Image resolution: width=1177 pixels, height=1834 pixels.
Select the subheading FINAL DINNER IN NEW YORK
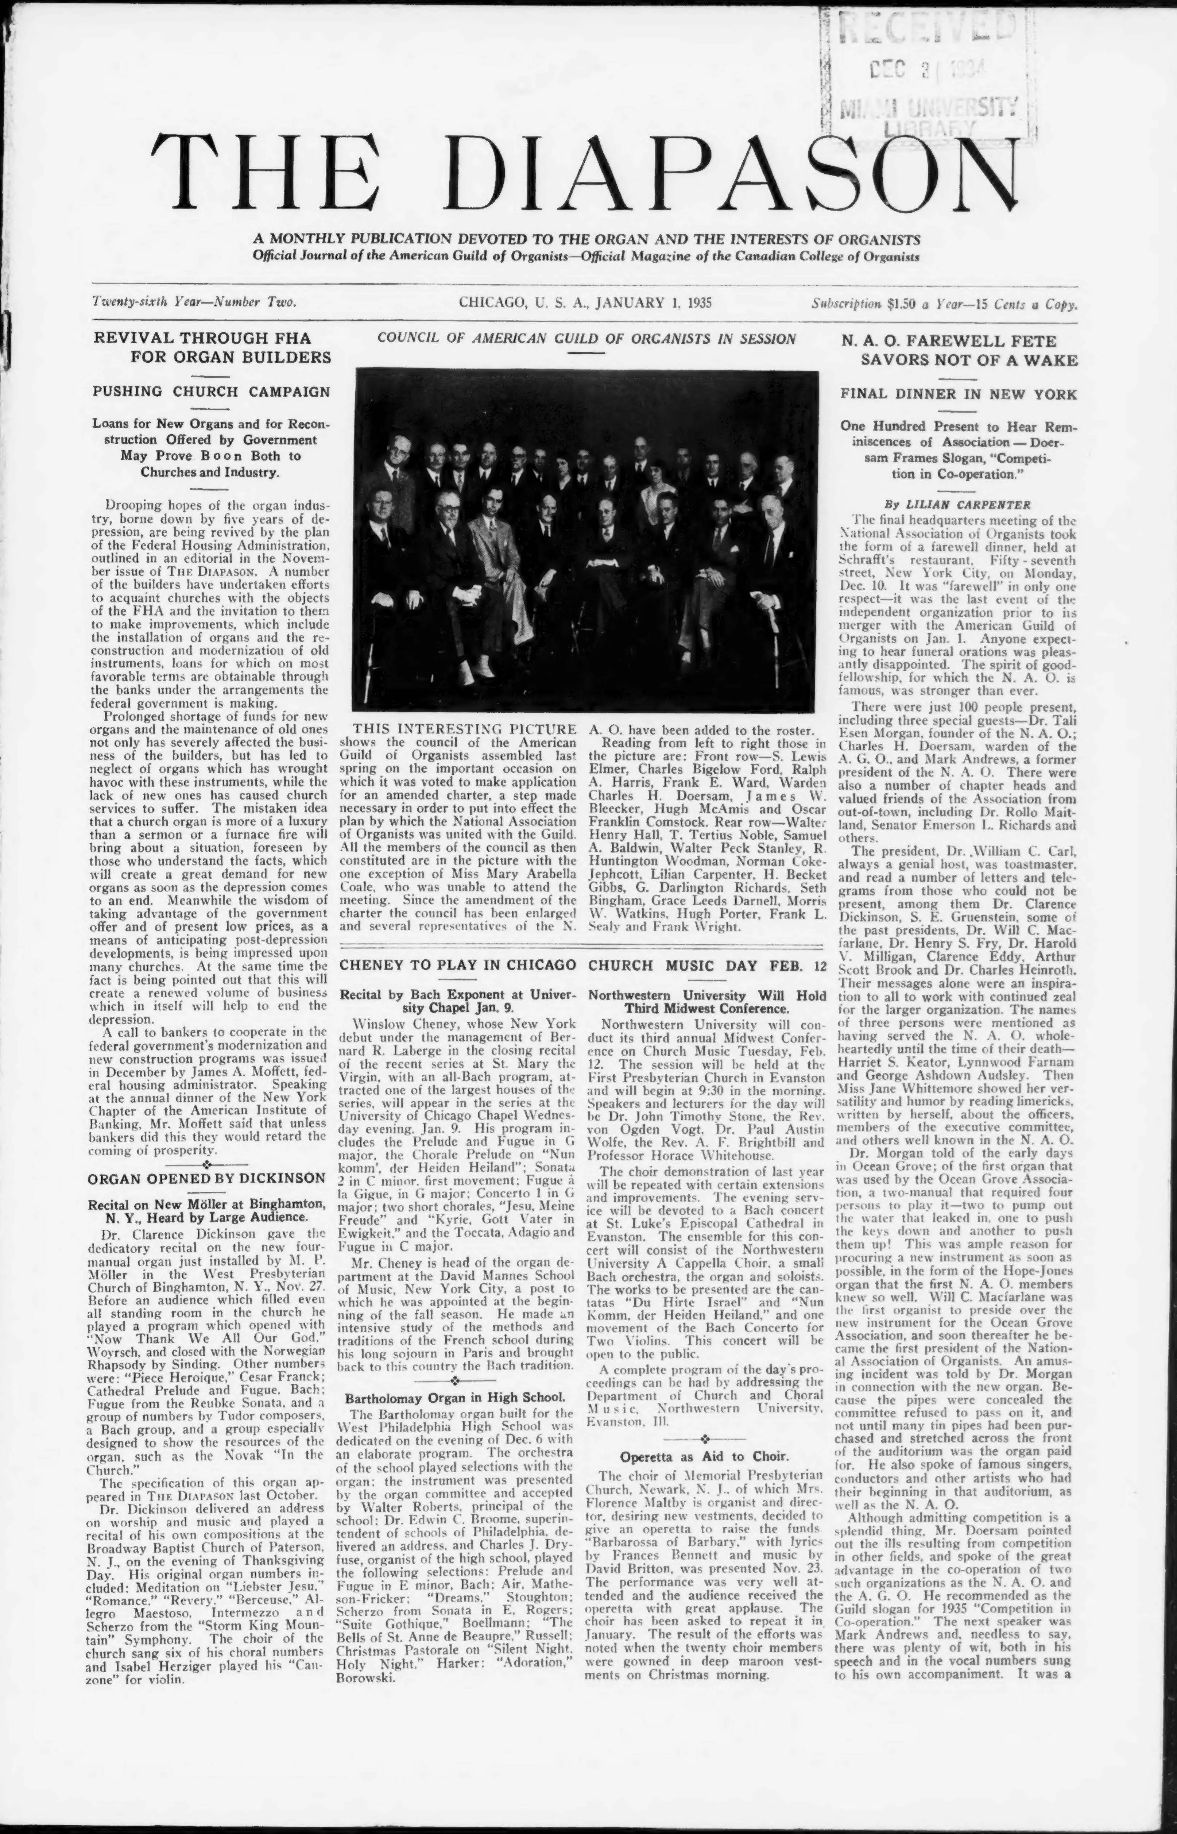tap(959, 394)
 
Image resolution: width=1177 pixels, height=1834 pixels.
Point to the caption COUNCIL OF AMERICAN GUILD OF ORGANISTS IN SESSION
tap(586, 339)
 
